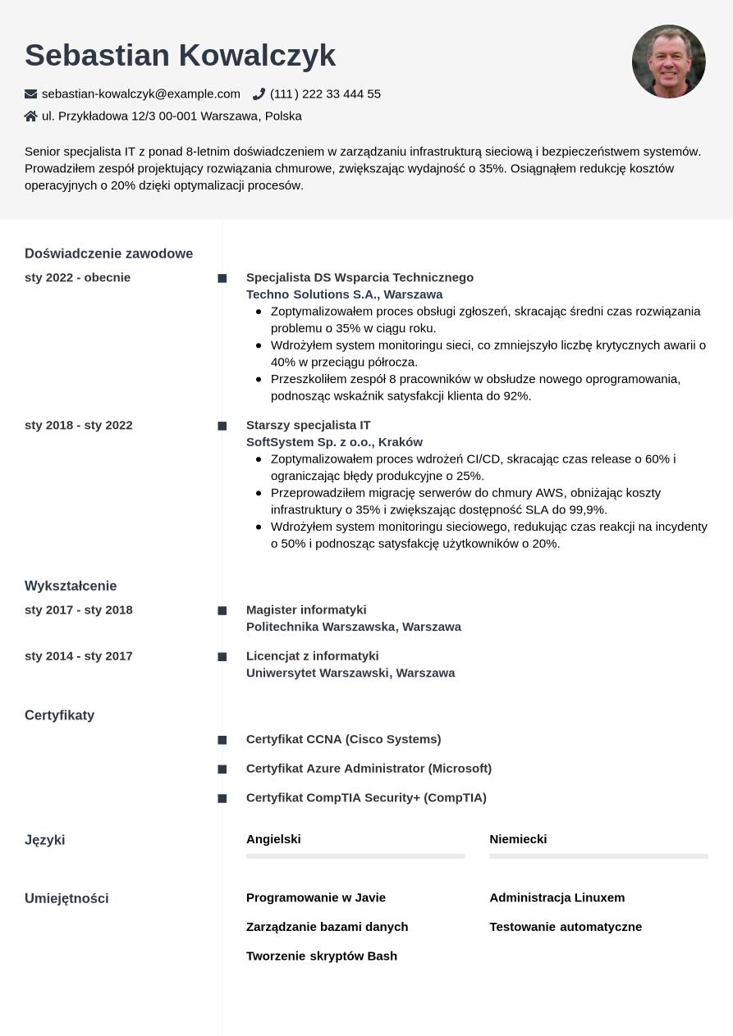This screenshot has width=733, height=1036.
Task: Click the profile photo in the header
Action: (668, 62)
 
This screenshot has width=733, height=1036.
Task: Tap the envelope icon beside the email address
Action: (31, 94)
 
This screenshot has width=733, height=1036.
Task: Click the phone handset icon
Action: (259, 94)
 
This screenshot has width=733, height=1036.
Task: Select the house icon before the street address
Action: (31, 116)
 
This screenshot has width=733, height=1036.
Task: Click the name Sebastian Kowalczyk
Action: (180, 55)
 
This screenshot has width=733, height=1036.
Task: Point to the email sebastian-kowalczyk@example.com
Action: (141, 94)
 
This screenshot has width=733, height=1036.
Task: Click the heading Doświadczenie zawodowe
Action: (108, 253)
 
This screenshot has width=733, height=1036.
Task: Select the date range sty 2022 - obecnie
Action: (77, 277)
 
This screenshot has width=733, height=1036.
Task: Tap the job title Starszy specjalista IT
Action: (308, 425)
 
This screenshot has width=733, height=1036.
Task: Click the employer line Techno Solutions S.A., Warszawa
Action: (344, 294)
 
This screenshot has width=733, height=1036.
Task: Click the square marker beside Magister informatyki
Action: (222, 611)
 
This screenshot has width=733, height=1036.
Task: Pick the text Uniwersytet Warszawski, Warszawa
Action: (350, 673)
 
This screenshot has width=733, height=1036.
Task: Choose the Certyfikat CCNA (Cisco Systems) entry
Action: (343, 739)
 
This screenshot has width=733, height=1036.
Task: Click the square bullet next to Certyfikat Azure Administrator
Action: (222, 769)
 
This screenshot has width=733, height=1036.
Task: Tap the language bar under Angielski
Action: (355, 856)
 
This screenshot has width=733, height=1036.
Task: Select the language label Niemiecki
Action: (518, 839)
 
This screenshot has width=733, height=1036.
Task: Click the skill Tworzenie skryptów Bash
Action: (321, 956)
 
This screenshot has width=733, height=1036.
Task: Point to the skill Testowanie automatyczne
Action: (566, 927)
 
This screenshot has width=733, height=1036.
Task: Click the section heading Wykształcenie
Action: (71, 586)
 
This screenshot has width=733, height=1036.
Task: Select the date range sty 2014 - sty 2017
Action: (78, 656)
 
